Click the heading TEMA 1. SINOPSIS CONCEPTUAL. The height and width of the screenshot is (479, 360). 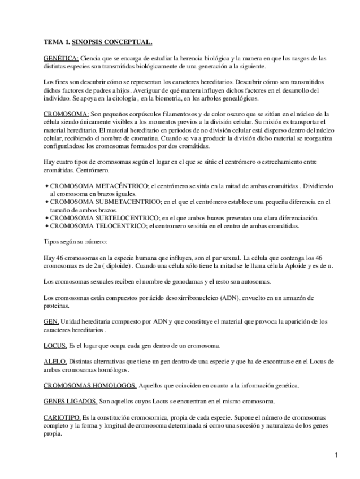(x=97, y=42)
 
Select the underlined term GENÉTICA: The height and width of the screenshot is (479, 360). (x=61, y=58)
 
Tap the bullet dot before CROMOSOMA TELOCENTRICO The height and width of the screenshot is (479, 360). (x=46, y=227)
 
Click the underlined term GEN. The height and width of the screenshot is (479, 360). (x=51, y=321)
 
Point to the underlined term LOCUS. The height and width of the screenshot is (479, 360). (x=55, y=345)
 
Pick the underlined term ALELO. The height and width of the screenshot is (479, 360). (x=55, y=362)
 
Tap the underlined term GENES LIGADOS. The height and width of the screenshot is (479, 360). (x=70, y=401)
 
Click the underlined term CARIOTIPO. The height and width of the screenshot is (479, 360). (x=62, y=417)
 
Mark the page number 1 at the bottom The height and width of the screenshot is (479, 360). (x=336, y=455)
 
